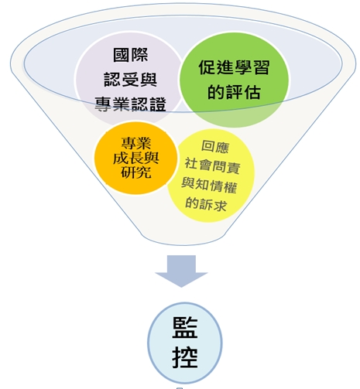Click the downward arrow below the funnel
point(181,271)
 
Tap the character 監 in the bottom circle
point(185,327)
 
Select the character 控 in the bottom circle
point(185,357)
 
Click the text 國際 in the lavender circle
point(131,55)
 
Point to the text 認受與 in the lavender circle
point(131,79)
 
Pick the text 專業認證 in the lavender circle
point(130,104)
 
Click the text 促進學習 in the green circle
point(234,67)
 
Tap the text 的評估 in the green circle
point(234,92)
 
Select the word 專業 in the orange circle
point(136,143)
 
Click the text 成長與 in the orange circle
point(135,157)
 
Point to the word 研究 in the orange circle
point(136,171)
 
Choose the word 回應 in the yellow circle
point(215,147)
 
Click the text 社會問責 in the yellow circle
point(213,165)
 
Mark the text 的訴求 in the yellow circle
point(206,203)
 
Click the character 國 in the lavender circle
point(122,55)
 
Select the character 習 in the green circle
point(262,67)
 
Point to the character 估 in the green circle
point(252,92)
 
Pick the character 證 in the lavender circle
point(158,104)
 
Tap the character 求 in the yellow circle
point(220,205)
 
